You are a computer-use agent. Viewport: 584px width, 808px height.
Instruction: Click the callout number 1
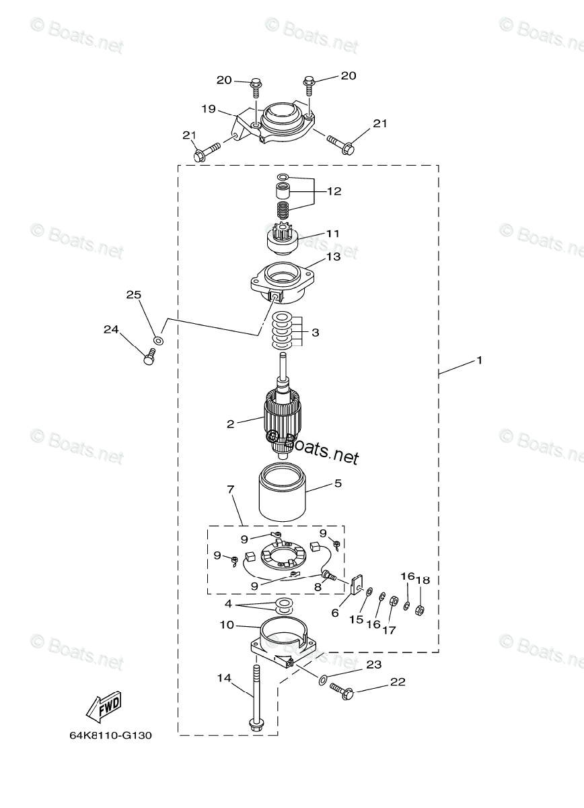[479, 360]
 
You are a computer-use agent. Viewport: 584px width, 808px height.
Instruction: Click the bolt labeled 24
[150, 358]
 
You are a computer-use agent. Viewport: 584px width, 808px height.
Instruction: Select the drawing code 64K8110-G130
[110, 735]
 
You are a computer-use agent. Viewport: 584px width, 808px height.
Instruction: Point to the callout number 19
[209, 108]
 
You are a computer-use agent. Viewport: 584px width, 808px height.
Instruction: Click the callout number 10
[227, 625]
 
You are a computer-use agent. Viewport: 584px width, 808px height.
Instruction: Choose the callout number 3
[315, 333]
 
